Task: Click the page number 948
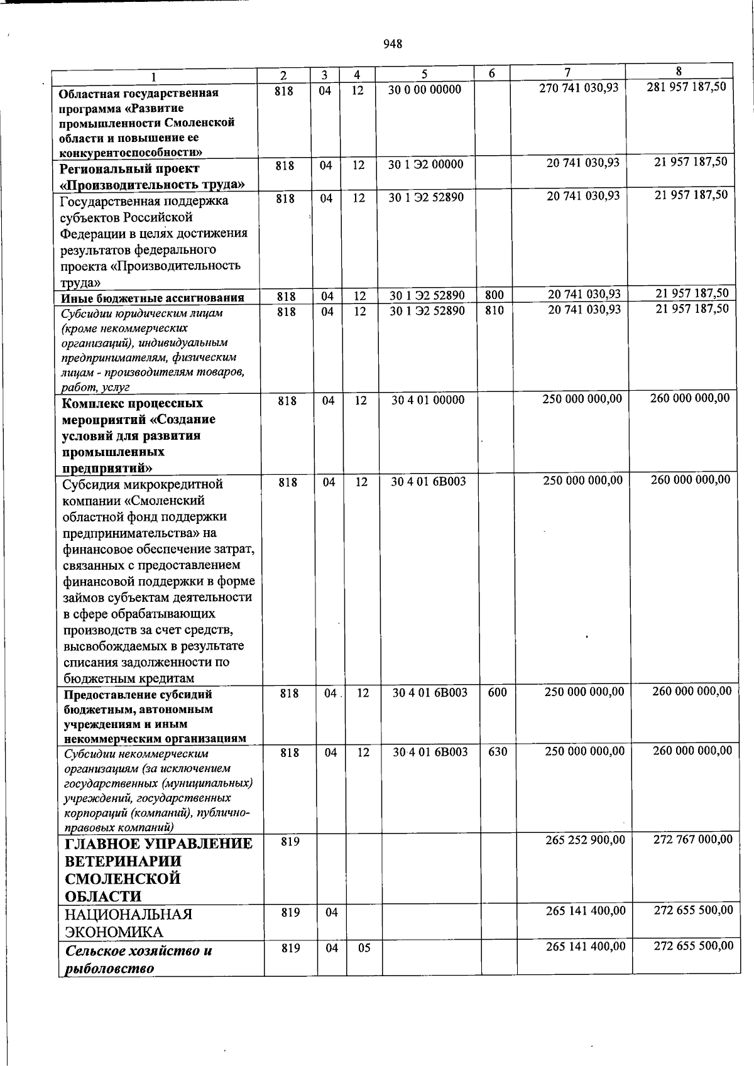(x=392, y=44)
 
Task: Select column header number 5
(x=425, y=74)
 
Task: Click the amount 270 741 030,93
(x=579, y=88)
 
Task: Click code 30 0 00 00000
(x=425, y=89)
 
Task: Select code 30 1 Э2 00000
(x=426, y=165)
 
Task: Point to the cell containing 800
(x=494, y=295)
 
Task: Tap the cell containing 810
(x=494, y=310)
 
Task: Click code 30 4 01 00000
(x=428, y=400)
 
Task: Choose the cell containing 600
(x=497, y=692)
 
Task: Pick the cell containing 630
(x=498, y=752)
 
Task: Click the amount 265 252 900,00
(x=584, y=840)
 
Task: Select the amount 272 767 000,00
(x=692, y=839)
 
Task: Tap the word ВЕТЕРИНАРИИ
(x=123, y=861)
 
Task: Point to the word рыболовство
(x=110, y=968)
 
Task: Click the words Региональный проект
(x=129, y=169)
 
